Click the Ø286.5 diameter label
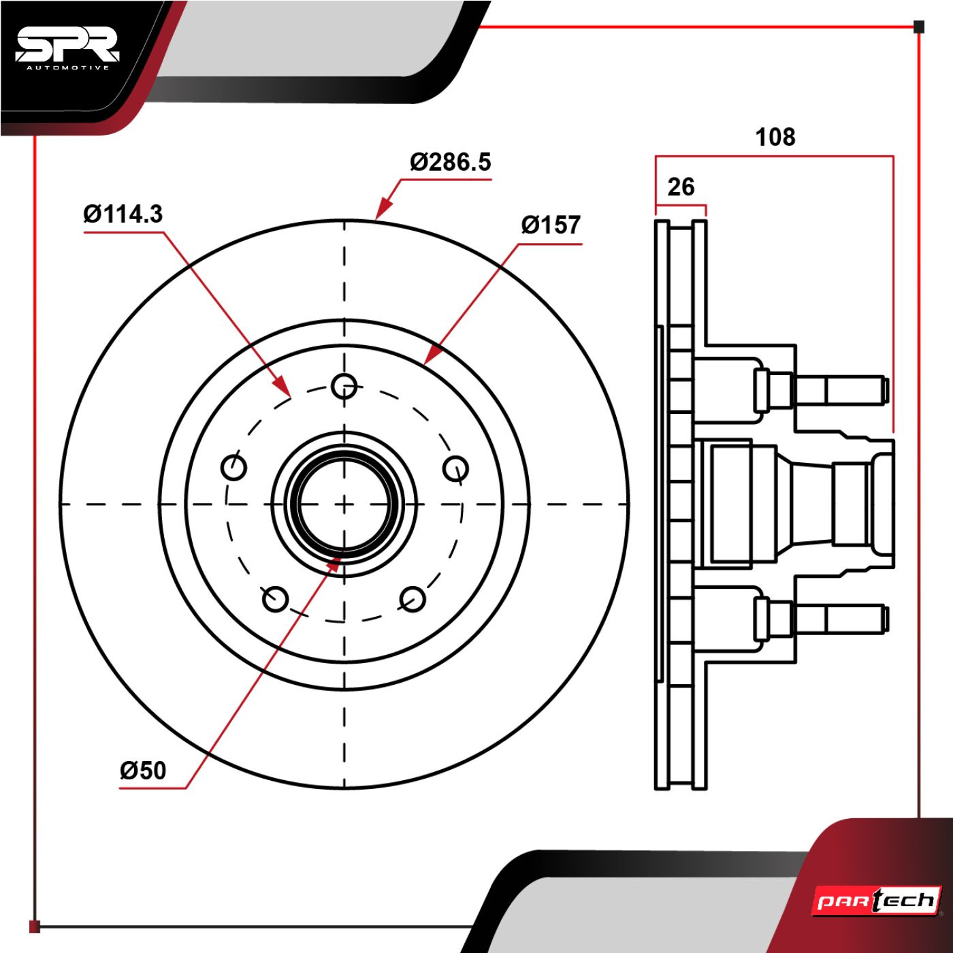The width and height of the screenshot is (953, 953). click(x=450, y=163)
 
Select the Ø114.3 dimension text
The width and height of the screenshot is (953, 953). click(x=123, y=214)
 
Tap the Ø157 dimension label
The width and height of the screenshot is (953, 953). click(x=551, y=225)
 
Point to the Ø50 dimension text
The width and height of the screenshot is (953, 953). click(x=143, y=771)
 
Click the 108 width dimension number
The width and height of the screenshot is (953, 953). click(x=775, y=138)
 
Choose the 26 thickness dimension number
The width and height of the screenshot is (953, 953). click(x=681, y=187)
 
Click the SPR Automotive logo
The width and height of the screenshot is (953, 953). click(x=67, y=48)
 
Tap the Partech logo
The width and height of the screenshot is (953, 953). click(x=877, y=901)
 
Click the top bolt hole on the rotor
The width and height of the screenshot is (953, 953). click(x=344, y=386)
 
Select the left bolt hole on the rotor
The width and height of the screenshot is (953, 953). click(x=234, y=468)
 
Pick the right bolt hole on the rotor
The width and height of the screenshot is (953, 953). click(x=455, y=468)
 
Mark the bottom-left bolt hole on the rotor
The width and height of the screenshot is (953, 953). click(x=276, y=599)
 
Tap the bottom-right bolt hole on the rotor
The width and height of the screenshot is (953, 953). click(x=413, y=599)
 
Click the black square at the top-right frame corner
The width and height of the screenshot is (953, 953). click(x=918, y=27)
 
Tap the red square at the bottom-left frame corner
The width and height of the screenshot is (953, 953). click(x=35, y=926)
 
